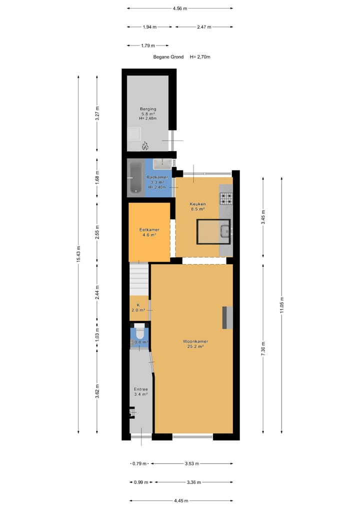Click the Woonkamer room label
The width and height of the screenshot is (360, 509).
[195, 341]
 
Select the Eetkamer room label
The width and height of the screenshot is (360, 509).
[148, 229]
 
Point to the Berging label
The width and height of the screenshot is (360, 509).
[148, 109]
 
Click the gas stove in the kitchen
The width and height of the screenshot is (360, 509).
[226, 198]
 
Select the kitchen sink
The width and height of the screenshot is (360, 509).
[225, 230]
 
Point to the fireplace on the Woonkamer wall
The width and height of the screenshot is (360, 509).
[227, 317]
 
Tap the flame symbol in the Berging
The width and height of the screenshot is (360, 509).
[145, 146]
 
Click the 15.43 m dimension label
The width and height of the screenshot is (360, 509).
[78, 254]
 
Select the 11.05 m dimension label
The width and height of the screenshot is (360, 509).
[281, 304]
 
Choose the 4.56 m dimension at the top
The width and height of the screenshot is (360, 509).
[179, 8]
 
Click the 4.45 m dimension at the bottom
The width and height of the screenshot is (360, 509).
[180, 500]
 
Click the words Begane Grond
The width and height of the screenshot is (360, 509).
[168, 57]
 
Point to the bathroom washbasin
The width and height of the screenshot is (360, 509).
[162, 163]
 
